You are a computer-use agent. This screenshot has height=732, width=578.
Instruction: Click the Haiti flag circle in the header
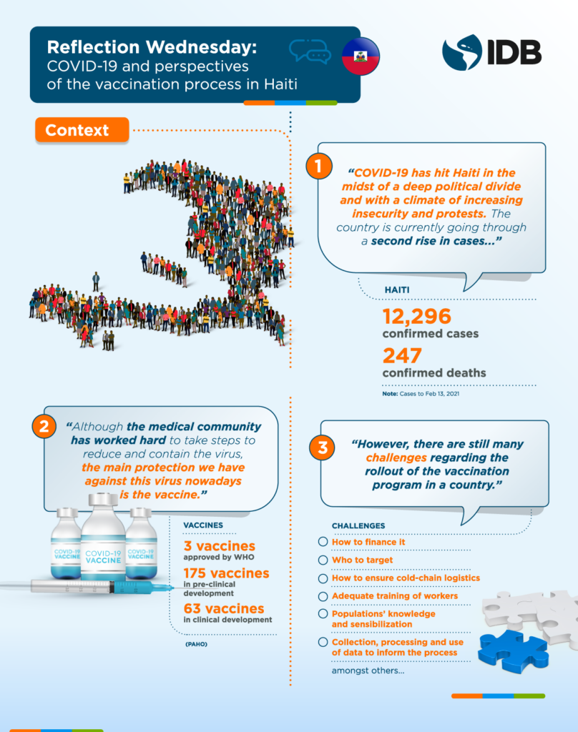click(x=361, y=56)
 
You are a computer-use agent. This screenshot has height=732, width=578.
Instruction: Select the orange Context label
click(x=81, y=130)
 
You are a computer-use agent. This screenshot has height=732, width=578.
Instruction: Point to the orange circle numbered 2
click(x=43, y=427)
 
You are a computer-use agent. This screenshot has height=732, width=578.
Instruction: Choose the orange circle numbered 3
click(x=323, y=448)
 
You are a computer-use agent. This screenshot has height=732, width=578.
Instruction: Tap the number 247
click(x=403, y=356)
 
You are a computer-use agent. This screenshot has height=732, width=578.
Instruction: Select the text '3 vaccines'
click(x=220, y=547)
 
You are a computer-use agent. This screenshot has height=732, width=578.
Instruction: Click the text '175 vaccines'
click(x=226, y=573)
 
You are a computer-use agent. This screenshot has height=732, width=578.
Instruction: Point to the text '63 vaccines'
click(x=224, y=608)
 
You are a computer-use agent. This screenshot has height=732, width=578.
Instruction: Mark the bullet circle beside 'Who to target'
click(x=323, y=560)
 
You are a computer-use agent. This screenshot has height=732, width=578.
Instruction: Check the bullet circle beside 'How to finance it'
click(x=323, y=542)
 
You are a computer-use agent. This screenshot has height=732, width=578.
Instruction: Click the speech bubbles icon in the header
click(x=310, y=52)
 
